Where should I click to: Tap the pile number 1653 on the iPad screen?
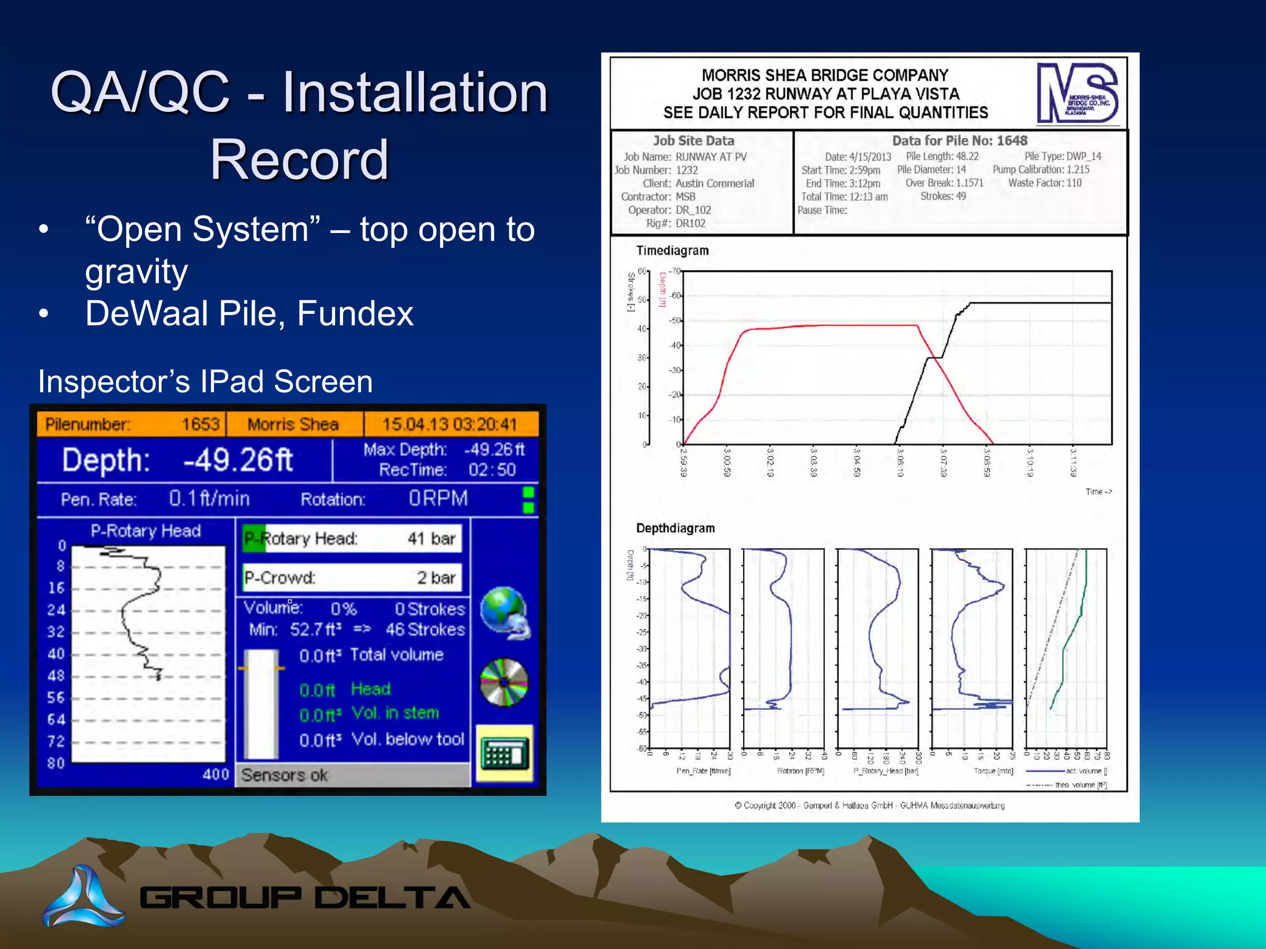coord(200,424)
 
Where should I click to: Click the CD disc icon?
coord(504,682)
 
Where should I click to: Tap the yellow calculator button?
coord(504,754)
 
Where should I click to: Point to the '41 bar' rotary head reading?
coord(431,539)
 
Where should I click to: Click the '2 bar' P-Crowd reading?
coord(436,578)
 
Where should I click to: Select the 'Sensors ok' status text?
coord(284,775)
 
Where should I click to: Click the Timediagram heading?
coord(673,250)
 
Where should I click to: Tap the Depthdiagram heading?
coord(675,528)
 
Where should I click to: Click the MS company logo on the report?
coord(1077,93)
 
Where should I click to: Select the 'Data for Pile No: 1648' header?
coord(959,141)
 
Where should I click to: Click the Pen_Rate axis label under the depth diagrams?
coord(703,771)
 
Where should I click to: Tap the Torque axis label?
coord(993,771)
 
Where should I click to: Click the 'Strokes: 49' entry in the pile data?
coord(943,196)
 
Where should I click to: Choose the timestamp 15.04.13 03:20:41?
coord(449,424)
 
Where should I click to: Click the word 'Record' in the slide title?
coord(299,159)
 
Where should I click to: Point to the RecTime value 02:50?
coord(491,470)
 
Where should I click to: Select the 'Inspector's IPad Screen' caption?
coord(205,381)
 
